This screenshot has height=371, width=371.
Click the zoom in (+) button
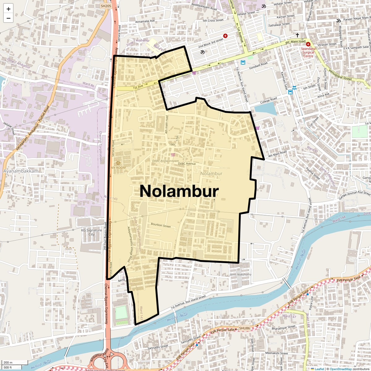coord(8,9)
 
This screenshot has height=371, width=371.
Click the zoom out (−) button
coord(8,18)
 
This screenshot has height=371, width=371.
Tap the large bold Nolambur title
coord(179,191)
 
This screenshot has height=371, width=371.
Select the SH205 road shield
coord(106,6)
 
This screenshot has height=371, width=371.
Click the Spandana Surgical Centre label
coord(308,52)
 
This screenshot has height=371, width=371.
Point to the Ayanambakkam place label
coord(21,171)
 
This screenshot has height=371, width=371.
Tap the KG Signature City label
coord(92,232)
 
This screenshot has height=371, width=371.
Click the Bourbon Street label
coord(161,225)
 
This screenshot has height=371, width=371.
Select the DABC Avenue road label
coord(187,164)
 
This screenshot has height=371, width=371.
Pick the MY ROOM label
coord(118,168)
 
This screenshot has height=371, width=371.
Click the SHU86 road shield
coord(244,328)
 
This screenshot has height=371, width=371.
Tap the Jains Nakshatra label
coord(241,275)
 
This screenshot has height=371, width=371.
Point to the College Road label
coord(268,100)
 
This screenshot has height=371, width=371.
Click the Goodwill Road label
coord(258,66)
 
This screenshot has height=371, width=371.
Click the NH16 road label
coord(122,280)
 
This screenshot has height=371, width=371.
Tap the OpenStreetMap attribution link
coord(340,369)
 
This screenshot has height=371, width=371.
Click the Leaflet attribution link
coord(319,369)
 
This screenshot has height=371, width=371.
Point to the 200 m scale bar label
coord(8,362)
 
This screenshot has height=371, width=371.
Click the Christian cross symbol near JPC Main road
coord(297,36)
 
